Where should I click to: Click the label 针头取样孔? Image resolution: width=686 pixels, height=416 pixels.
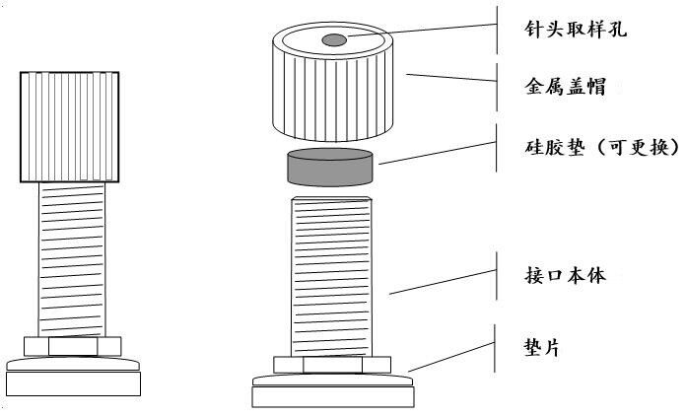(576, 30)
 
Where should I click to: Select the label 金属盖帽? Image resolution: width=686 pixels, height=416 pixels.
(565, 86)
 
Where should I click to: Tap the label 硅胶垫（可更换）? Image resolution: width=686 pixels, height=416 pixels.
(602, 147)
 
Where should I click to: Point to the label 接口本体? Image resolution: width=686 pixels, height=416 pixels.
(565, 276)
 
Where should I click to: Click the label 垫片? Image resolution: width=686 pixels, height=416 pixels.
(542, 348)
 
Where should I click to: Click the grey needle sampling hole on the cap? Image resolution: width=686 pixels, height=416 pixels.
(334, 40)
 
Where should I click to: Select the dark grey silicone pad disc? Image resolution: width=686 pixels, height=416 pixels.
(330, 168)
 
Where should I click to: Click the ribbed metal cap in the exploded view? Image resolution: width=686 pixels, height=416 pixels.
(332, 82)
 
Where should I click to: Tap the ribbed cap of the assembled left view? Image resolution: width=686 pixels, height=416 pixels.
(70, 127)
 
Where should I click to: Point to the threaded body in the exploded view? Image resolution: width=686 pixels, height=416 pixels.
(331, 277)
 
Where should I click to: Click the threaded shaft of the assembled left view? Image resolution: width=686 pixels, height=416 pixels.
(72, 260)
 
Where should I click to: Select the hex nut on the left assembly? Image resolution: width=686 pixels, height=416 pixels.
(73, 346)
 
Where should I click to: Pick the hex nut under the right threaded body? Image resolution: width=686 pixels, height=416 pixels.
(332, 365)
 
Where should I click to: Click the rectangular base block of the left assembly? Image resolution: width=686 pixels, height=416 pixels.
(74, 383)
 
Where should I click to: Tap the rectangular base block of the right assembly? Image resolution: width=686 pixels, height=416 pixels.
(333, 397)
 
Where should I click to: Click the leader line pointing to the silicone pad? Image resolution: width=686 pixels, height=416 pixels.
(437, 153)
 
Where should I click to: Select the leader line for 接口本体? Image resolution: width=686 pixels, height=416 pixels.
(443, 282)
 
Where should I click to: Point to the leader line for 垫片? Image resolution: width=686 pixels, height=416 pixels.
(451, 357)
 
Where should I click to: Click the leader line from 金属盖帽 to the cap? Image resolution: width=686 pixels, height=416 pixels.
(451, 78)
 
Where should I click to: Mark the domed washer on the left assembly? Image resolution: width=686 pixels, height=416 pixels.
(74, 364)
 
